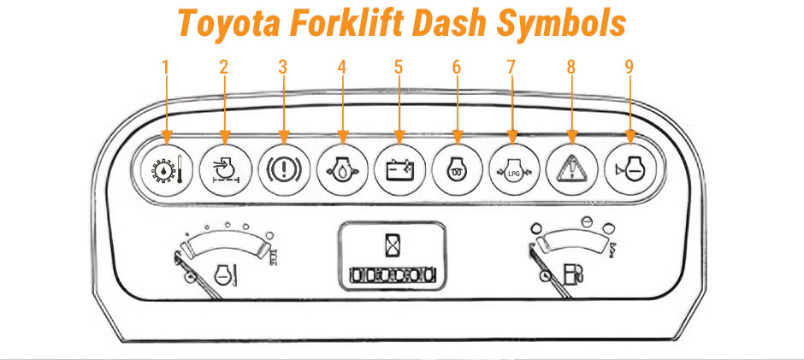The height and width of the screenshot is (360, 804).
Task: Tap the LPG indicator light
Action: pyautogui.click(x=513, y=168)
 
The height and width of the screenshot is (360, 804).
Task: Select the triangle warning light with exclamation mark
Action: pyautogui.click(x=571, y=168)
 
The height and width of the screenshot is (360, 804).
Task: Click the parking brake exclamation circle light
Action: pyautogui.click(x=281, y=168)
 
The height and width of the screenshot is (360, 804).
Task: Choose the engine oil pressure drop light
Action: pyautogui.click(x=340, y=168)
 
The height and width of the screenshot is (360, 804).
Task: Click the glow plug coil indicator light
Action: pyautogui.click(x=456, y=168)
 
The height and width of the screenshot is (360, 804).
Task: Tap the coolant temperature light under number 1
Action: pyautogui.click(x=166, y=168)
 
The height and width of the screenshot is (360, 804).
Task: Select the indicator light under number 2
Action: pyautogui.click(x=224, y=168)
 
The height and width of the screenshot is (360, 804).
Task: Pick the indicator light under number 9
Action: pyautogui.click(x=630, y=168)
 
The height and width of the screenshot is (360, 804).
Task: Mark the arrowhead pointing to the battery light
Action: pyautogui.click(x=398, y=137)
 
